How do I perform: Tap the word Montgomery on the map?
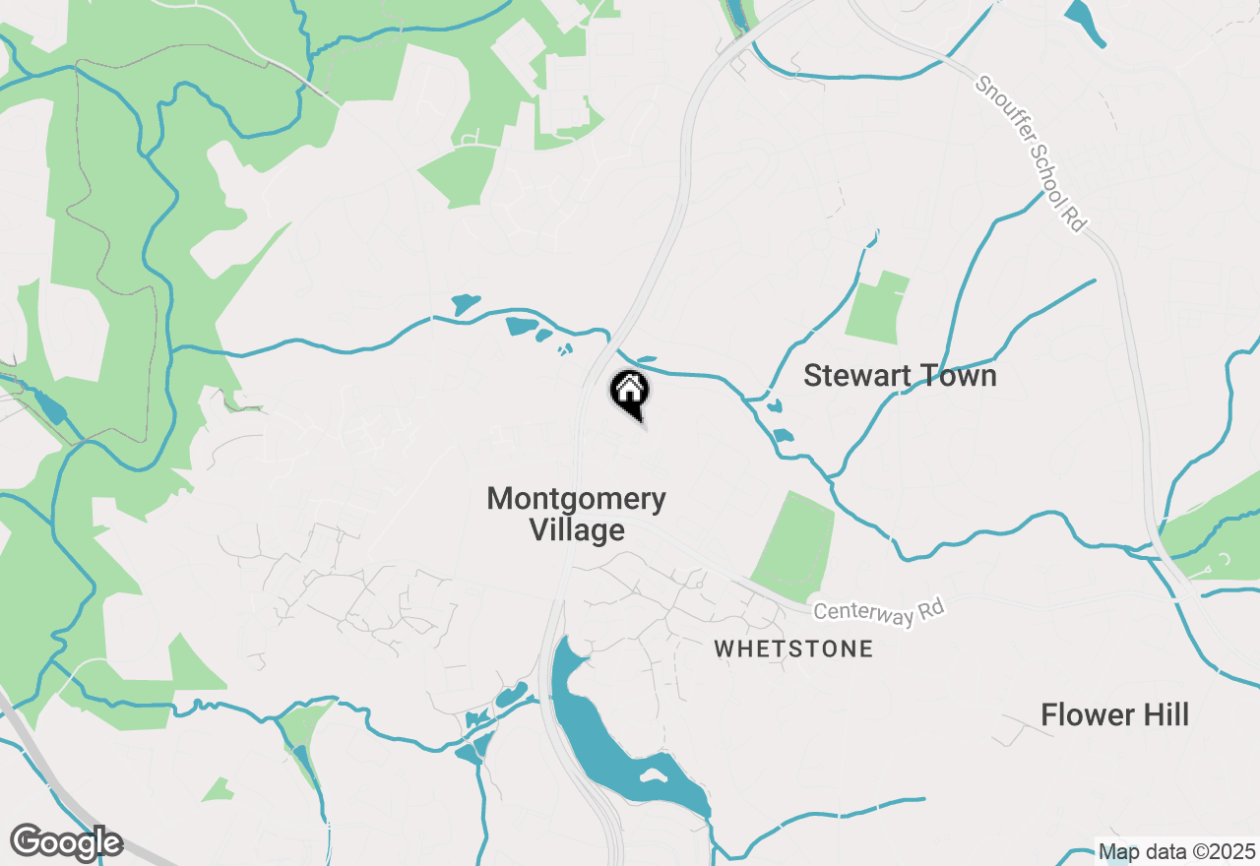(x=576, y=499)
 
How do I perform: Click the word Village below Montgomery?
(x=577, y=530)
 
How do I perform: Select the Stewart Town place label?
(x=900, y=376)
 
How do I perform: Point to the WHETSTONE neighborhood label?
(x=793, y=649)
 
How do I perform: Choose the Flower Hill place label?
(x=1114, y=715)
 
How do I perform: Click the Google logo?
(x=66, y=843)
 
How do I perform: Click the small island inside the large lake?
(x=651, y=773)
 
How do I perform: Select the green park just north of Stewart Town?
(x=876, y=307)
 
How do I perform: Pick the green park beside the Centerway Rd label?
(x=793, y=546)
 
